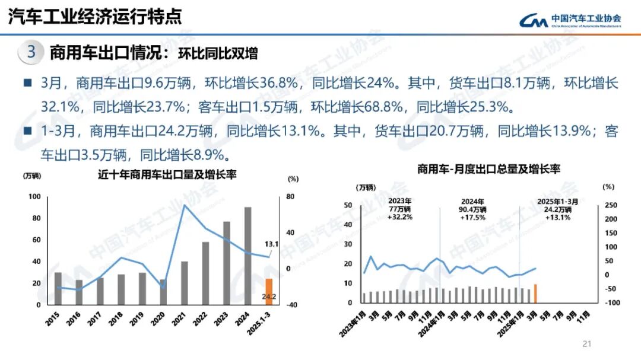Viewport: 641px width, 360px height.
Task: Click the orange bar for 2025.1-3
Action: tap(269, 292)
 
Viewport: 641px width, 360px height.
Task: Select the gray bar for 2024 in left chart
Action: tap(247, 256)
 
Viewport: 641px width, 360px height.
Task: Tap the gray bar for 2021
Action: tap(185, 283)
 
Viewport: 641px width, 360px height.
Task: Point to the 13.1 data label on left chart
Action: tap(272, 244)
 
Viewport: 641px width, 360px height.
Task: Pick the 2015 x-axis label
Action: tap(54, 317)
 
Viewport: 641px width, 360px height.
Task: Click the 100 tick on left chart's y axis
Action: tap(34, 197)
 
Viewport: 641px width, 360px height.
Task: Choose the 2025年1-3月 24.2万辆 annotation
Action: tap(557, 209)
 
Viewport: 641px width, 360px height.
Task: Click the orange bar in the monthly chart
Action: tap(535, 294)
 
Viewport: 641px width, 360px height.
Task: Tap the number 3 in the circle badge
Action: tap(31, 52)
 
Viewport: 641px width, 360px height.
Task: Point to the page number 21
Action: tap(588, 343)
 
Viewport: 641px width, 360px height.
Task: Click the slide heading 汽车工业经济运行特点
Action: tap(95, 17)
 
